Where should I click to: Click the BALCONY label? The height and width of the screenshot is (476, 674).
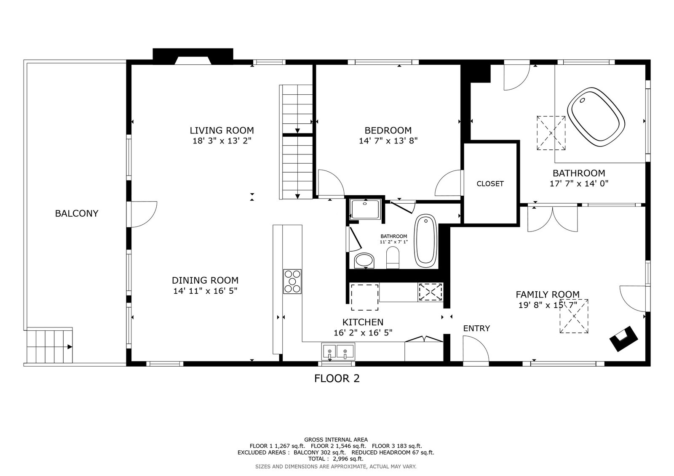[x=76, y=213]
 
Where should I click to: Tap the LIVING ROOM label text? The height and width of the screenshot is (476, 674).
[x=222, y=130]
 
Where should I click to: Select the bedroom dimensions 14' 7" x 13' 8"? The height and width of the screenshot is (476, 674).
[x=388, y=141]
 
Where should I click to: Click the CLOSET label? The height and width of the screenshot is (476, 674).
[x=490, y=183]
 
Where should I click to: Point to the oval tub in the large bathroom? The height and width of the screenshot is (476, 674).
[x=596, y=117]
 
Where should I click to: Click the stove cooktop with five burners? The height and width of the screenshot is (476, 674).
[x=292, y=282]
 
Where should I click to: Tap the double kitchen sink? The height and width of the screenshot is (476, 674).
[x=338, y=351]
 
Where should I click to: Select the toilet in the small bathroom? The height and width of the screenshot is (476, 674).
[x=393, y=258]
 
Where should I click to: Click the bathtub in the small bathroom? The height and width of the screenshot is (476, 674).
[x=426, y=241]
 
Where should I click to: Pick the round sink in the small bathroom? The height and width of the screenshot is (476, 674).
[x=364, y=261]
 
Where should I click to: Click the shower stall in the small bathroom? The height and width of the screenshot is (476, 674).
[x=366, y=209]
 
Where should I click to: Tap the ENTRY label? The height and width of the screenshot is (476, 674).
[x=476, y=328]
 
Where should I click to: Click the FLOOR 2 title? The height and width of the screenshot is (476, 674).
[x=337, y=378]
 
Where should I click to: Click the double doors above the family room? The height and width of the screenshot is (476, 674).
[x=553, y=219]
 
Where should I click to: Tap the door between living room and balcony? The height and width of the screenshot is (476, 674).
[x=144, y=214]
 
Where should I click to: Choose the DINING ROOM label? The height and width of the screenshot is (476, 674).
[x=205, y=281]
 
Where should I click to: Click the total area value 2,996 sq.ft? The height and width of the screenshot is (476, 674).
[x=348, y=459]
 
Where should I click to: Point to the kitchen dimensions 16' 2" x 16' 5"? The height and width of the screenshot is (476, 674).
[x=363, y=333]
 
